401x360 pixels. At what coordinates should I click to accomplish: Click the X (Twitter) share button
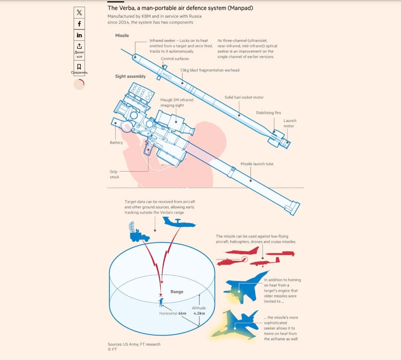[79, 13]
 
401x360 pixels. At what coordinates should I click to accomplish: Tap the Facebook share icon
[79, 24]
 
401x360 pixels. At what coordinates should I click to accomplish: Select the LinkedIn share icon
[79, 35]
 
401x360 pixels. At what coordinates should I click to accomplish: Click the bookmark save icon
[79, 67]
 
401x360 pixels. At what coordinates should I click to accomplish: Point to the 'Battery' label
[116, 143]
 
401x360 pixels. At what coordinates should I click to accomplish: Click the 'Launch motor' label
[289, 123]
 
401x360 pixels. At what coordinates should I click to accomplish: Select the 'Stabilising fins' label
[268, 113]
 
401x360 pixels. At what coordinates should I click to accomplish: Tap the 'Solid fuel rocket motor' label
[244, 97]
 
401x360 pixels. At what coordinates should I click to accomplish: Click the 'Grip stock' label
[114, 175]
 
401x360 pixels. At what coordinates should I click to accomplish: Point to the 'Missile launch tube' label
[257, 164]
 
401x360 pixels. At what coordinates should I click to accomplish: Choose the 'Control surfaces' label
[175, 58]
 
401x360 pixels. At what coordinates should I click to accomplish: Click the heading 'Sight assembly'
[130, 77]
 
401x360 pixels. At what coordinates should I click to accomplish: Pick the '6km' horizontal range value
[182, 313]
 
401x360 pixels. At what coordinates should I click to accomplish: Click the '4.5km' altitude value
[199, 313]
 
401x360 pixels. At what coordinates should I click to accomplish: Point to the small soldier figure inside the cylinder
[161, 302]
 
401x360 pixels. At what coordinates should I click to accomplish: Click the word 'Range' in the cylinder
[177, 291]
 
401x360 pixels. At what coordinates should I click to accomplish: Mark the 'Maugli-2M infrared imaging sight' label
[177, 103]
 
